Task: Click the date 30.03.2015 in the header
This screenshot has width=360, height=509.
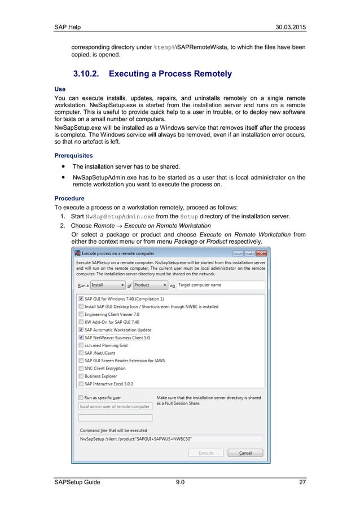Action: (288, 28)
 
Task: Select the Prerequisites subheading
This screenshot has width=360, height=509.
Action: (74, 155)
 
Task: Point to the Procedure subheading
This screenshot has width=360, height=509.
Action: (69, 199)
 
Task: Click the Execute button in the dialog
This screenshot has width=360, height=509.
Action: (205, 453)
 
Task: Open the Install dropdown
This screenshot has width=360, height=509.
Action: (107, 286)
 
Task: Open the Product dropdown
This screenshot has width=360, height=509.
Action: (150, 286)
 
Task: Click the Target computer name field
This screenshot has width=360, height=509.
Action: (220, 286)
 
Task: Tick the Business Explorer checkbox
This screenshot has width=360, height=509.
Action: (81, 375)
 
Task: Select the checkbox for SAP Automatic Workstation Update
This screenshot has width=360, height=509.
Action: (81, 330)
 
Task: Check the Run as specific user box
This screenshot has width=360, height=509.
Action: (81, 398)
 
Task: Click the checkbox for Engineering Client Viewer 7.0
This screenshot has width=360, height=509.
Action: (81, 314)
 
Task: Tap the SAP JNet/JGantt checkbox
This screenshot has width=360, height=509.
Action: (81, 352)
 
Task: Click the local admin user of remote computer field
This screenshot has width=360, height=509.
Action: (115, 406)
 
